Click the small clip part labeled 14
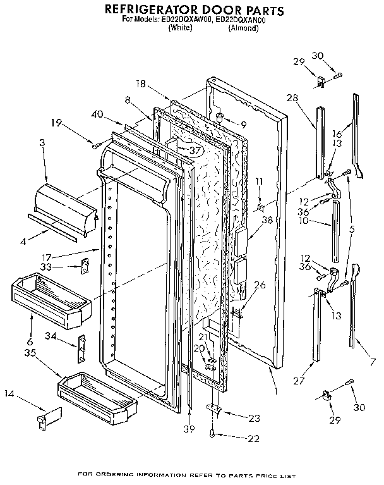click(47, 418)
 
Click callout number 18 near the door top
click(141, 83)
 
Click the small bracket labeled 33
click(81, 266)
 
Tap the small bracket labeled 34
click(81, 345)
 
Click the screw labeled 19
click(95, 145)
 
